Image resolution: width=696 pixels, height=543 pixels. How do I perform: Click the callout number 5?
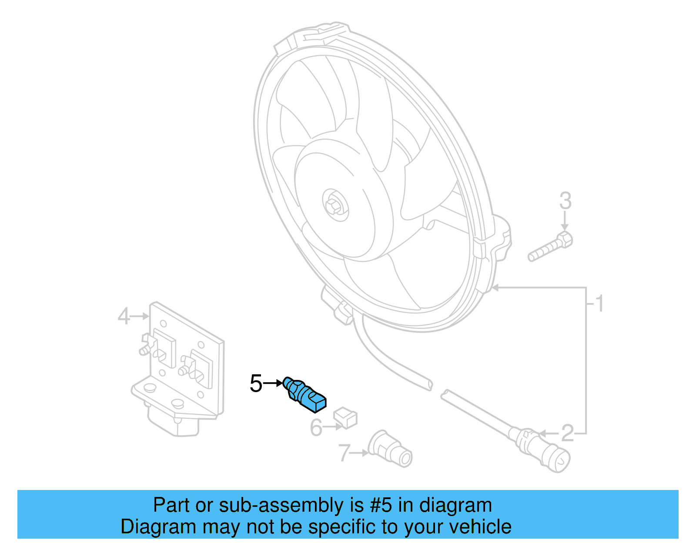pos(256,383)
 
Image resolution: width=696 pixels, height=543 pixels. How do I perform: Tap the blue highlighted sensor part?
pos(305,394)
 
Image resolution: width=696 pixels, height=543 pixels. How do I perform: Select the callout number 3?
pos(565,201)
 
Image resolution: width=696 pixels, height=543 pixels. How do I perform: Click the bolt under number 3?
pos(550,247)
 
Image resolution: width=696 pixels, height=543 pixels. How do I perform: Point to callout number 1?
pos(599,303)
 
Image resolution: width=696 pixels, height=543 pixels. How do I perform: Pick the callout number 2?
pos(568,433)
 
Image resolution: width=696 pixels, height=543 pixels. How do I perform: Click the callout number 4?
pos(124,316)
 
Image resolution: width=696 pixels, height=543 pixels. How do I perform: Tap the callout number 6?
pos(316,428)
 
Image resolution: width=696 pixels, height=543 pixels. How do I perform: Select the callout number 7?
pos(344,453)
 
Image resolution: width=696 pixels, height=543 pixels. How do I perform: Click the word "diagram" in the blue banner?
pos(455,505)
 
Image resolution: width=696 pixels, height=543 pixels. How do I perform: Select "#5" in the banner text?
pos(381,505)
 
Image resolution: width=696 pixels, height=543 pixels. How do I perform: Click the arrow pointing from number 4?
pos(140,316)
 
